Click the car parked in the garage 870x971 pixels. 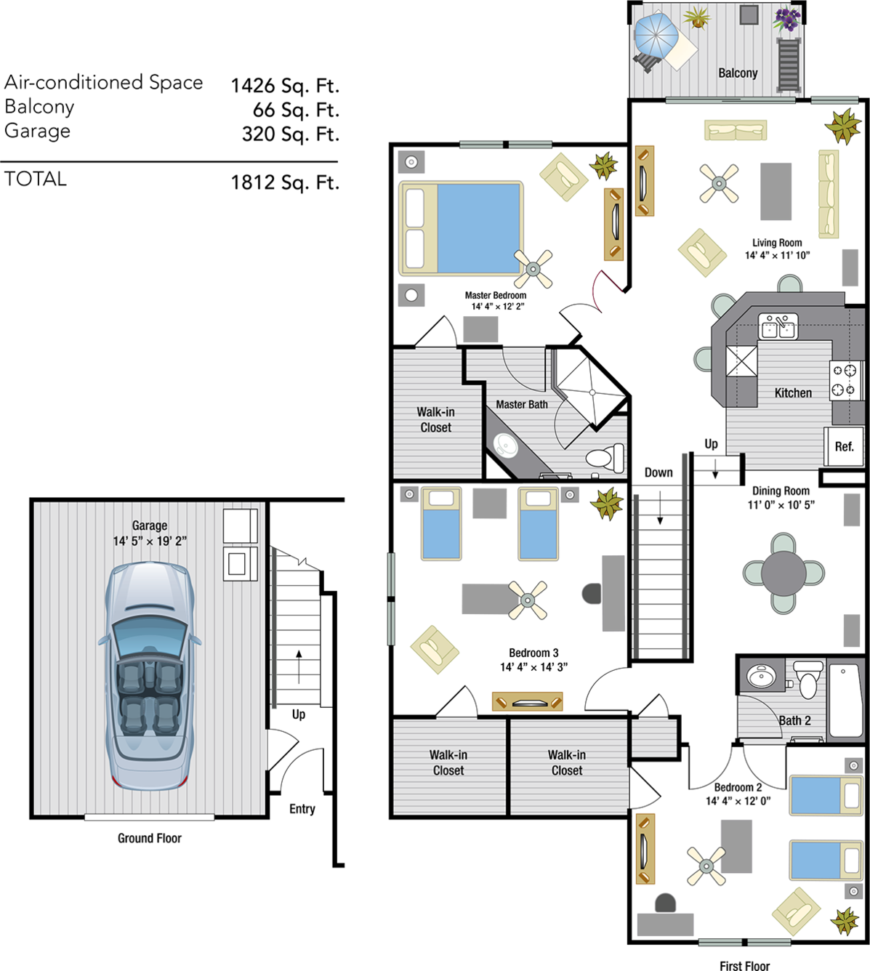tap(150, 676)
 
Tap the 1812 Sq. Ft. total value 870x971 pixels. tap(285, 182)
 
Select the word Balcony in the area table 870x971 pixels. tap(39, 107)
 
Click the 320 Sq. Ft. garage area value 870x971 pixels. tap(291, 134)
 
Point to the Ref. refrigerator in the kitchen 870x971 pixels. tap(844, 446)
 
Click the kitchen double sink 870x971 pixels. tap(778, 326)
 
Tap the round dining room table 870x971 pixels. tap(784, 573)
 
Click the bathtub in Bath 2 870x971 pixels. tap(847, 700)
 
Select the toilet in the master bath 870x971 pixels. tap(605, 456)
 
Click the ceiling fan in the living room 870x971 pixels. tap(719, 184)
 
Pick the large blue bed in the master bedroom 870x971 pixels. tap(461, 228)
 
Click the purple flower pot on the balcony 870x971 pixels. tap(787, 19)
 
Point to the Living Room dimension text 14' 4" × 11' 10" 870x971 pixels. tap(777, 255)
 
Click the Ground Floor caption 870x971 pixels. tap(150, 838)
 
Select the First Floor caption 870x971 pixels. tap(744, 965)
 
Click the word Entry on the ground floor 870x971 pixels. tap(302, 809)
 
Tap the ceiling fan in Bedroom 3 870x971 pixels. tap(528, 600)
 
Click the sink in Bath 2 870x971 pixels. tap(761, 677)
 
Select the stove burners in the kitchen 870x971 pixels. tap(844, 379)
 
